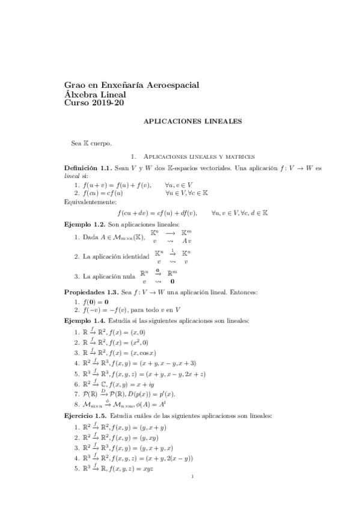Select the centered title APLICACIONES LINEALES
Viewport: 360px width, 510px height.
(x=192, y=121)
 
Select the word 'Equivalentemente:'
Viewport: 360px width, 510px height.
(x=90, y=203)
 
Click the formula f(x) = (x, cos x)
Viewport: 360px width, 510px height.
(x=132, y=352)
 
